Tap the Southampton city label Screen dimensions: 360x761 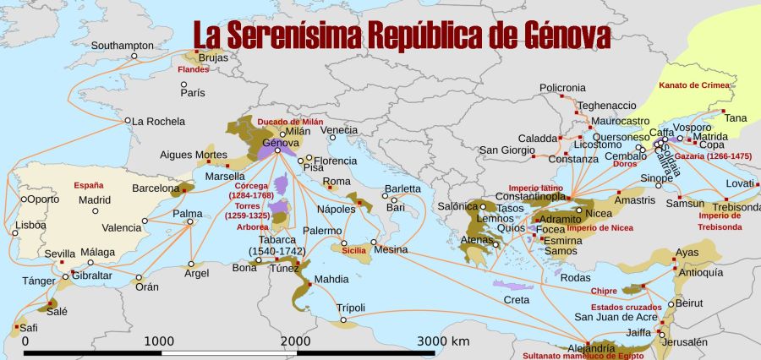[123, 45]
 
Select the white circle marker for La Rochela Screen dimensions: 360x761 [129, 120]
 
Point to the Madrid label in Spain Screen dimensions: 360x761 [95, 200]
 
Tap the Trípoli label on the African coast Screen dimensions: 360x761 [354, 308]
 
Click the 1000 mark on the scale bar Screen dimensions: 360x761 [160, 341]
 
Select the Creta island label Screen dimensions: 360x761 [517, 299]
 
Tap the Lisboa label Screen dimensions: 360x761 [30, 226]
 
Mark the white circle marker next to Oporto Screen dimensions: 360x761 [23, 199]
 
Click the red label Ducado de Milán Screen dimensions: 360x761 [290, 121]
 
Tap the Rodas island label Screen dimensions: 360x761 [575, 278]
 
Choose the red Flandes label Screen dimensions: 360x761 [193, 69]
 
